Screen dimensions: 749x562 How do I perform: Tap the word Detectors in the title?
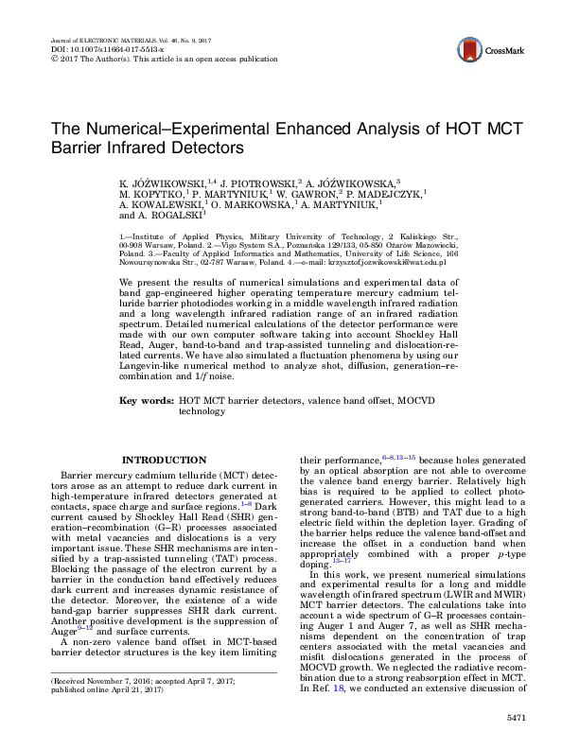point(210,148)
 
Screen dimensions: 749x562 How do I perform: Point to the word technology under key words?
point(202,411)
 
